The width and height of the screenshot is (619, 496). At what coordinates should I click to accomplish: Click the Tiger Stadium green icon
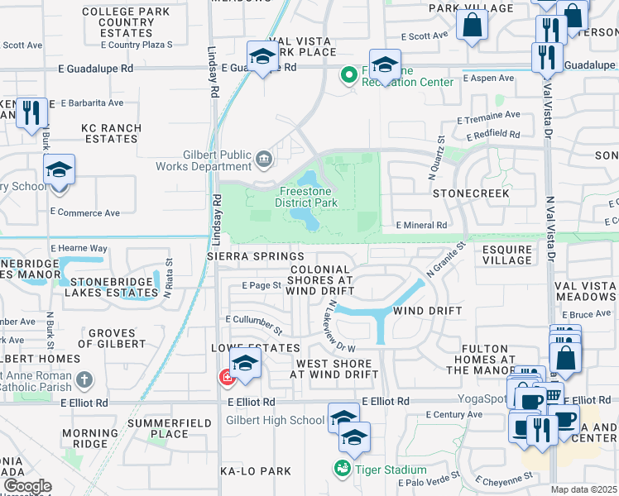coord(342,469)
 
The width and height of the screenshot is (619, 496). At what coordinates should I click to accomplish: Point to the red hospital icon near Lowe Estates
coord(226,378)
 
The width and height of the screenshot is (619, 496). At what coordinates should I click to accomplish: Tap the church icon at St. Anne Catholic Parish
coord(84,379)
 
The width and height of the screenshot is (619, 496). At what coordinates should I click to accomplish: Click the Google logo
coord(26,486)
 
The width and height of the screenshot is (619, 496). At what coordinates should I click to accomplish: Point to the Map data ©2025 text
coord(583,489)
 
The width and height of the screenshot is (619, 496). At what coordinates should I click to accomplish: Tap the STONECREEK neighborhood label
coord(471,192)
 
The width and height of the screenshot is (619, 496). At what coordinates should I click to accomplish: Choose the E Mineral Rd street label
coord(421,225)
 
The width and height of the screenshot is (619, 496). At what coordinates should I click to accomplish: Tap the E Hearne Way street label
coord(79,248)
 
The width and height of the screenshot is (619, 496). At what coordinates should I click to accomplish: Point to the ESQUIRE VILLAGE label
coord(507,254)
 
